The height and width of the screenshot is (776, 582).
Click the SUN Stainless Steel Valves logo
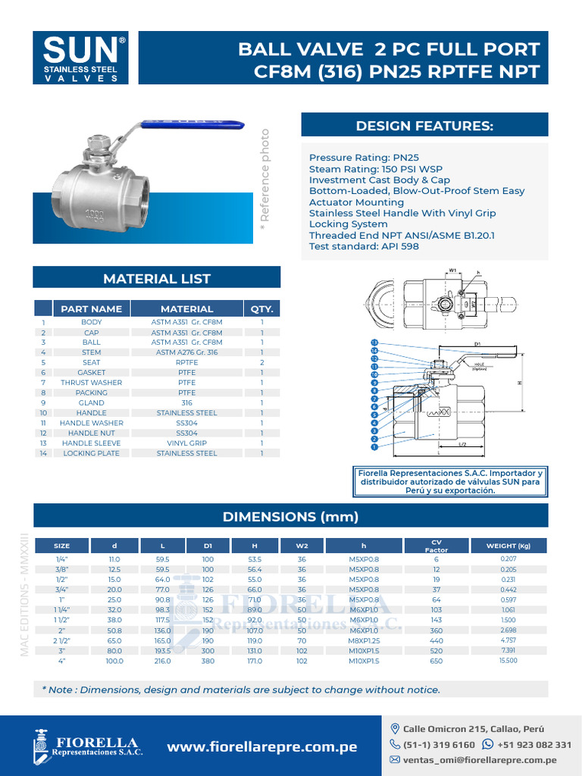click(x=83, y=58)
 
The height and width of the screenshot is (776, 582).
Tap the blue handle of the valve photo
click(x=193, y=122)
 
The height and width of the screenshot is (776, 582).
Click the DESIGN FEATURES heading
click(x=424, y=125)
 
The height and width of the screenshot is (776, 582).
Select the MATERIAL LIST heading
click(x=157, y=278)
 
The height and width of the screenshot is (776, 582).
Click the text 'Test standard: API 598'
click(x=364, y=246)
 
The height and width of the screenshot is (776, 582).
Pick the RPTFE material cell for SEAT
click(x=186, y=362)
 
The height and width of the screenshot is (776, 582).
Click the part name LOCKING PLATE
click(x=91, y=453)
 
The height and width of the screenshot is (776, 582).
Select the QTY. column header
click(x=261, y=308)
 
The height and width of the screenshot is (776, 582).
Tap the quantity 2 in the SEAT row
click(x=261, y=362)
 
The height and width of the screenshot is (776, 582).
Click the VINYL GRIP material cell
click(x=186, y=443)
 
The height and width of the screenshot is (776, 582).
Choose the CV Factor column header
click(x=436, y=546)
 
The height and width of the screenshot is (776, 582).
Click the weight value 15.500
click(x=508, y=661)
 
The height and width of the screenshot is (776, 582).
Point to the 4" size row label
click(x=61, y=661)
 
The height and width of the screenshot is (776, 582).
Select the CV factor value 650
click(x=436, y=661)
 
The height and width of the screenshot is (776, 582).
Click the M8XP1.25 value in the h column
click(x=364, y=640)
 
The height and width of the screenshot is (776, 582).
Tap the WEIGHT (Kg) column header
click(x=508, y=546)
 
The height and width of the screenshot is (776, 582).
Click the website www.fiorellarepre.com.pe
click(x=261, y=747)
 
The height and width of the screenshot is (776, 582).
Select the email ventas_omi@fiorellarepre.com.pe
click(x=479, y=759)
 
